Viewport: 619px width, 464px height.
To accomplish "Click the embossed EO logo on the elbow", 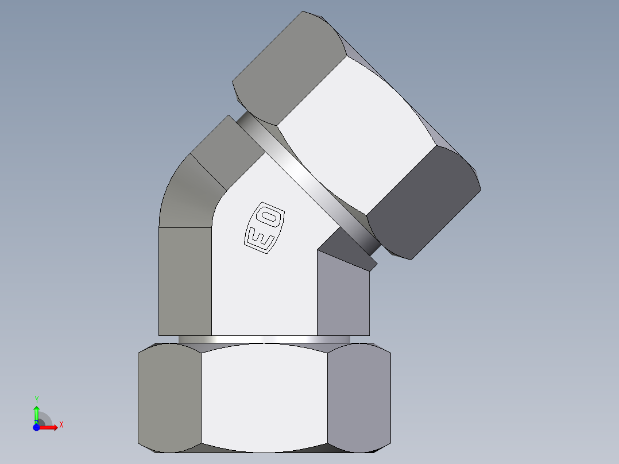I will [265, 227].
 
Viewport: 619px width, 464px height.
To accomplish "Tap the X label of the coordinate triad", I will [61, 425].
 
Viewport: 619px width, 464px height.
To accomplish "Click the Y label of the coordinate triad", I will [36, 399].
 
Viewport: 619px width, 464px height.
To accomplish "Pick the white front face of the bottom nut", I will [264, 396].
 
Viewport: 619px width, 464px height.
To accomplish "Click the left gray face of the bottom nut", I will [169, 396].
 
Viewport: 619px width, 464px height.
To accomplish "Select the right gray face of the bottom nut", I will [359, 396].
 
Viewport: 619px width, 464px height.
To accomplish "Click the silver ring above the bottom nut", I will [264, 339].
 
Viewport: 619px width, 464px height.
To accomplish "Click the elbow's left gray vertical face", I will [184, 281].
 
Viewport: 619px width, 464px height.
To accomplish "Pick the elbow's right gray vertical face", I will [343, 299].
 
